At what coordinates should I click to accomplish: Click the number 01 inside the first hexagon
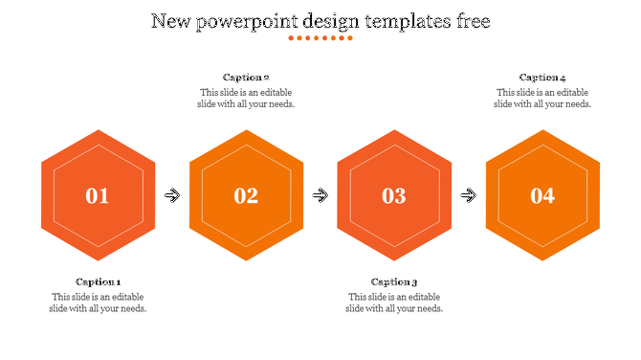tap(98, 196)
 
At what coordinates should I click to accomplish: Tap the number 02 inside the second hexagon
tap(246, 196)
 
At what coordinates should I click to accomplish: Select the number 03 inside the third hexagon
tap(394, 196)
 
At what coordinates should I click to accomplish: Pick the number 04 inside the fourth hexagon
tap(542, 196)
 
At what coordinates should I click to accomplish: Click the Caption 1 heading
tap(98, 281)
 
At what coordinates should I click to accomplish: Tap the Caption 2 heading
tap(246, 78)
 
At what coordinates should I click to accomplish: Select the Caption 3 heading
tap(394, 281)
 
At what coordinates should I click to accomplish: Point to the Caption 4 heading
tap(542, 78)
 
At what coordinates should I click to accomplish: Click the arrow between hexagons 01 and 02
tap(172, 196)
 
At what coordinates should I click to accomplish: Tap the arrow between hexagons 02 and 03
tap(320, 196)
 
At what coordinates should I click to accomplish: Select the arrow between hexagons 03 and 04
tap(469, 196)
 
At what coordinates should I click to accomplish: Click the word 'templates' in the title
tap(400, 21)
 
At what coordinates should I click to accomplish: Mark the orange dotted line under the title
tap(320, 38)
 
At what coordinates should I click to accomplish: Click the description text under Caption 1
tap(98, 303)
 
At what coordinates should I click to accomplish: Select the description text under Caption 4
tap(542, 99)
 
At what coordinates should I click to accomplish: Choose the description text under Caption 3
tap(394, 303)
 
